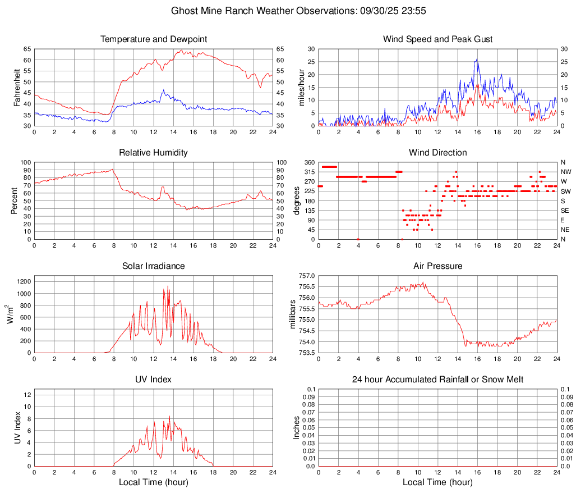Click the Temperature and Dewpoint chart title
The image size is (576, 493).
pos(154,39)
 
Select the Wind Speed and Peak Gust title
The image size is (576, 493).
pos(437,39)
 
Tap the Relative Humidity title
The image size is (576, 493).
pos(154,153)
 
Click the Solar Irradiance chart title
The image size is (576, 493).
pos(154,266)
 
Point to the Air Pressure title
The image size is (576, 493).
pos(437,266)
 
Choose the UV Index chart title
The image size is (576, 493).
pos(154,380)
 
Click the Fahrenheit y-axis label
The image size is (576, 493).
pos(17,87)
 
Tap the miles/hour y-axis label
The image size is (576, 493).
pos(301,87)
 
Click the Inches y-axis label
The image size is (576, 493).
pos(297,427)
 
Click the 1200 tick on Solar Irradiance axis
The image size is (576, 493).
pos(23,279)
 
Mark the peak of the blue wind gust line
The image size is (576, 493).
pos(477,59)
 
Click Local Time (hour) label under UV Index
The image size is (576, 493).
pos(154,482)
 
